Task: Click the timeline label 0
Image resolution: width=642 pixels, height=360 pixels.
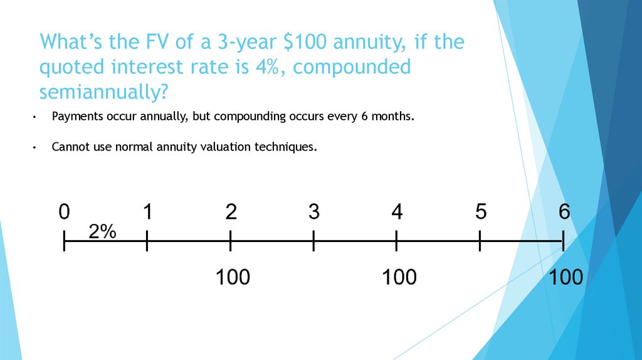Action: click(64, 213)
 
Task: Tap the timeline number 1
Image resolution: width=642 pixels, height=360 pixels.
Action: click(147, 213)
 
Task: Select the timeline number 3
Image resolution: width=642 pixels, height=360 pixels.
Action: click(314, 213)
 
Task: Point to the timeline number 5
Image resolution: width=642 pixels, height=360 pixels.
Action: click(481, 213)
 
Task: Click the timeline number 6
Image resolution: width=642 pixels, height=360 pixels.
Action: click(564, 213)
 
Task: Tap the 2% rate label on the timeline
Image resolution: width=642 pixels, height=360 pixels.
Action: click(102, 232)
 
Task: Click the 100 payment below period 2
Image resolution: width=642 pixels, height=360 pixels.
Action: click(233, 277)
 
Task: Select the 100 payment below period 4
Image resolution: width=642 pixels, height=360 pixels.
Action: click(399, 277)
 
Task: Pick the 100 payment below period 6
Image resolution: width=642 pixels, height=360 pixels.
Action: click(566, 277)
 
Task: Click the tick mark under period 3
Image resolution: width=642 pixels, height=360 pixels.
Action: click(313, 241)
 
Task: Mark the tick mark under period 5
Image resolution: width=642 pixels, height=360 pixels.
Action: click(480, 241)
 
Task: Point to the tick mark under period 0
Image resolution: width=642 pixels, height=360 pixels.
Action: click(64, 241)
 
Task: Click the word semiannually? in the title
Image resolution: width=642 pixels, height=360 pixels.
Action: click(103, 92)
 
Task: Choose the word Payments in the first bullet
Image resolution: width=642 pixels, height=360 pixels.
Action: click(74, 117)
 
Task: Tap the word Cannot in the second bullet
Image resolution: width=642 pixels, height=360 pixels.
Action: click(68, 147)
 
